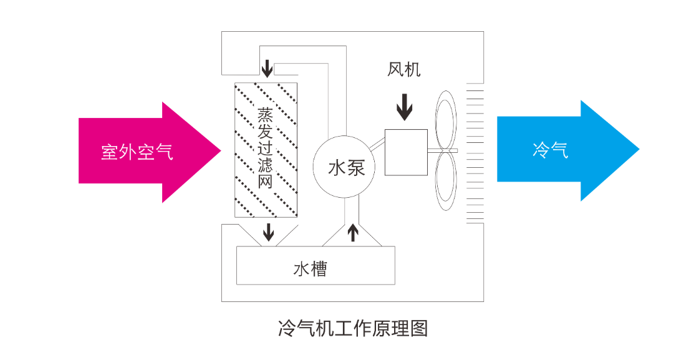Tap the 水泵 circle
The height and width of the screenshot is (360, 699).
(x=344, y=167)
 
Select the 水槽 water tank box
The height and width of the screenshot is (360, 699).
(x=316, y=265)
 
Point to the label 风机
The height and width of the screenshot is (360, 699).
(x=404, y=69)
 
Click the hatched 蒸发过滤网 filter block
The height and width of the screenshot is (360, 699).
(x=266, y=150)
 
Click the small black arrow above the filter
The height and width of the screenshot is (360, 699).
(x=267, y=68)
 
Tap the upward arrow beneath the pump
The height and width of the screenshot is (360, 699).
(x=353, y=233)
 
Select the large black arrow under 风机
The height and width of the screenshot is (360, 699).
(x=404, y=107)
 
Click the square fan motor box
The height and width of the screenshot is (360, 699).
(x=406, y=152)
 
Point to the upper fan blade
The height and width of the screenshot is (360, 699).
(x=445, y=120)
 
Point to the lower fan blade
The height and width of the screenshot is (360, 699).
(x=445, y=182)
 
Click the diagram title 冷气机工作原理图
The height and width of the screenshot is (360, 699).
(x=353, y=329)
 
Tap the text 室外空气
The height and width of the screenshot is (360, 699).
(x=137, y=152)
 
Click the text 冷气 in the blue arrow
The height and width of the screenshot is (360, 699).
(x=551, y=150)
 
